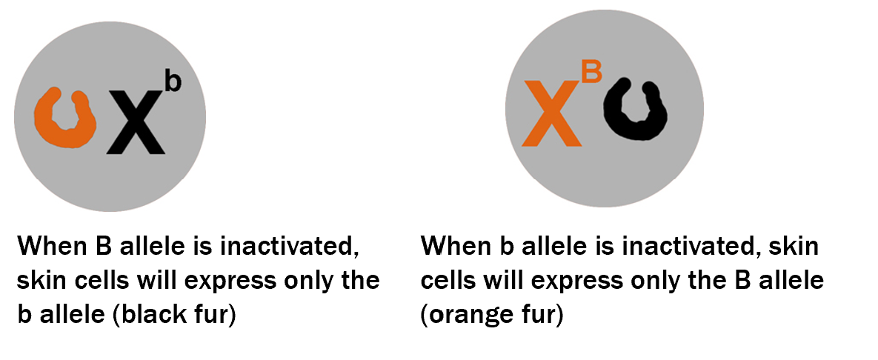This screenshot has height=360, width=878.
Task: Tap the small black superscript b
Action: (x=173, y=81)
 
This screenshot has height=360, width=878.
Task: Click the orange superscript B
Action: (x=591, y=73)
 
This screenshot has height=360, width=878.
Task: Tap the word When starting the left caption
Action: (x=50, y=246)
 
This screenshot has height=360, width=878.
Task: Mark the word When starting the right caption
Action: (x=453, y=246)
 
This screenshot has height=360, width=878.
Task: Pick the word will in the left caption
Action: (x=159, y=280)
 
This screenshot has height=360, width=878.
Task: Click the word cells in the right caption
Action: (x=448, y=280)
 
